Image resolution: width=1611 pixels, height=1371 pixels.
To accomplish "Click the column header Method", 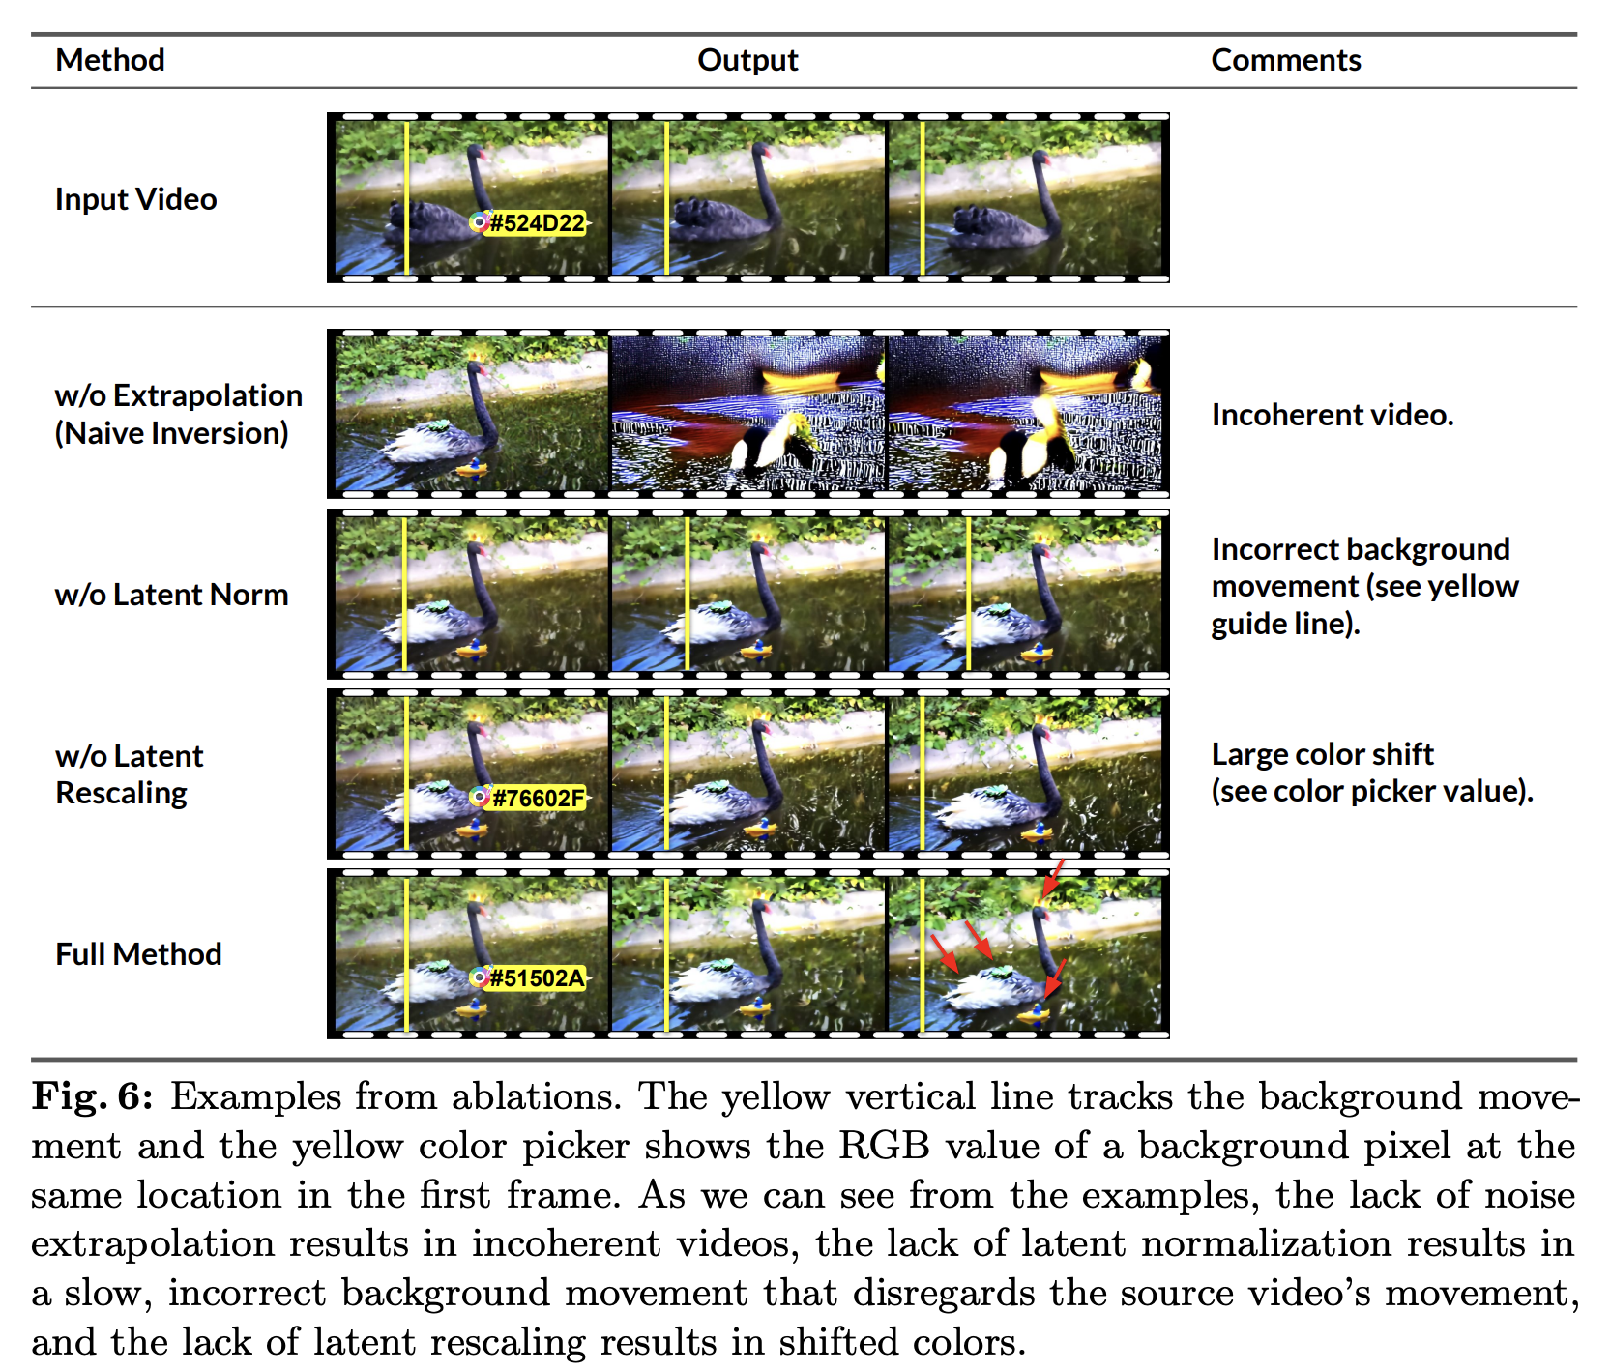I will click(x=110, y=60).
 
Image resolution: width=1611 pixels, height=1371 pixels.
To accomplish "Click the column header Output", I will click(x=747, y=60).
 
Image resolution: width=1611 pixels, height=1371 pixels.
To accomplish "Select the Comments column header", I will click(x=1285, y=60).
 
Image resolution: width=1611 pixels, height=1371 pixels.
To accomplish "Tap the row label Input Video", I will click(x=135, y=199).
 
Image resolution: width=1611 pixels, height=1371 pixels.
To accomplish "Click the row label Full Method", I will click(x=138, y=954).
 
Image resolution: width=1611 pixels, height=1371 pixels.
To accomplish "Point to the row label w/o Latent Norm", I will click(x=171, y=595).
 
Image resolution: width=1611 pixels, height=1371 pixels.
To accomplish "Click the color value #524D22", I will click(x=538, y=223).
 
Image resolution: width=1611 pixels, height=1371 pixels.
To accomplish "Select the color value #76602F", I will click(x=539, y=798).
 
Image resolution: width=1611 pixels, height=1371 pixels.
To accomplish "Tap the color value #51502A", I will click(x=538, y=978).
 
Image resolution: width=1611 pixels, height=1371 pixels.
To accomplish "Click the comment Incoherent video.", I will click(x=1333, y=415).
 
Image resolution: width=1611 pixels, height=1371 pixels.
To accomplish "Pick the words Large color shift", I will click(x=1322, y=754).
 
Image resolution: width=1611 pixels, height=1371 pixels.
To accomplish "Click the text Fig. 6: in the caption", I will click(x=92, y=1097).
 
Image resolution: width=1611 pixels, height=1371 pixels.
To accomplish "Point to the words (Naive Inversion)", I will click(x=171, y=433).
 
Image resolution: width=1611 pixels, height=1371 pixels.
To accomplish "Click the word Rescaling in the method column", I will click(x=121, y=793).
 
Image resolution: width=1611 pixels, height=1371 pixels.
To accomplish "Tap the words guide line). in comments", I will click(x=1285, y=624).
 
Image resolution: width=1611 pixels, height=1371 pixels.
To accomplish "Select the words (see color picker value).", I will click(x=1372, y=791).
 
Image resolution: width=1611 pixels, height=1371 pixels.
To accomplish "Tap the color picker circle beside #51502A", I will click(x=479, y=978).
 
